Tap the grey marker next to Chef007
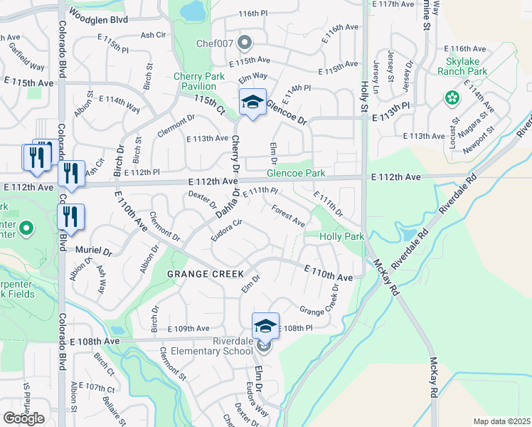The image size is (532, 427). click(x=247, y=42)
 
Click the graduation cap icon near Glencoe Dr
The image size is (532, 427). click(x=252, y=102)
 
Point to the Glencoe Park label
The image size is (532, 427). click(x=295, y=173)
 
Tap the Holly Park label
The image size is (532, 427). click(x=342, y=236)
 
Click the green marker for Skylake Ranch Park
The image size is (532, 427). click(x=450, y=97)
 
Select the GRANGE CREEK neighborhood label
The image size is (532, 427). click(x=206, y=274)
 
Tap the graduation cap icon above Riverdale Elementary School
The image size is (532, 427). click(x=265, y=327)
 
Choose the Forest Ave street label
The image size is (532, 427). click(x=289, y=213)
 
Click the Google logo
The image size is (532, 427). click(x=24, y=418)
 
